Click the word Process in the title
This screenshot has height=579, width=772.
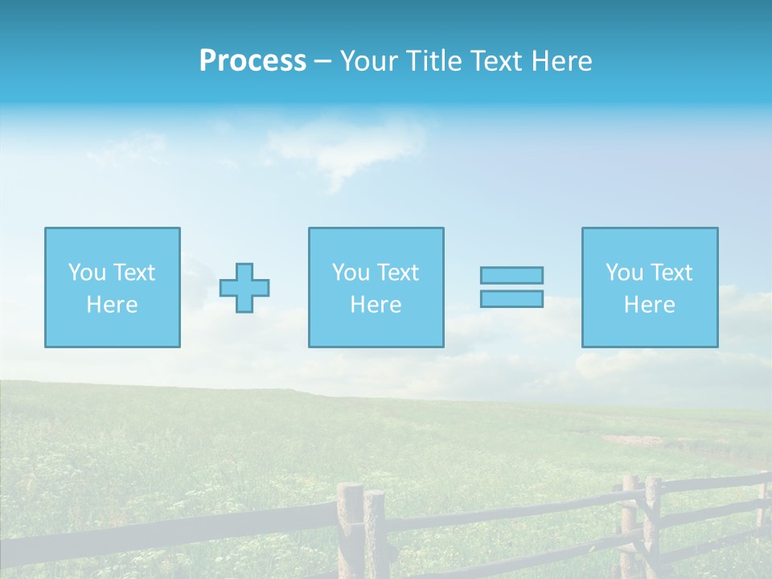pyautogui.click(x=253, y=61)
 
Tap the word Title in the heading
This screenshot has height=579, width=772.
pyautogui.click(x=434, y=61)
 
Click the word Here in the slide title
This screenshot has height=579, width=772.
pyautogui.click(x=562, y=61)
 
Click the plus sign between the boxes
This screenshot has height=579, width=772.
pyautogui.click(x=244, y=288)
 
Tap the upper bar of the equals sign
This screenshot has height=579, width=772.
pyautogui.click(x=511, y=275)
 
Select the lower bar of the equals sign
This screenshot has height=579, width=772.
pyautogui.click(x=511, y=298)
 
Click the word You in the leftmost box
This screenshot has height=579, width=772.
pyautogui.click(x=87, y=273)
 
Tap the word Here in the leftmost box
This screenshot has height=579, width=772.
pyautogui.click(x=112, y=305)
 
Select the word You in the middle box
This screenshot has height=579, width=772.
pyautogui.click(x=351, y=273)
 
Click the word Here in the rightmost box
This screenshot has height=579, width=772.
pyautogui.click(x=649, y=305)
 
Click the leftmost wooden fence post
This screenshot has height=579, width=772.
pyautogui.click(x=351, y=531)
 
